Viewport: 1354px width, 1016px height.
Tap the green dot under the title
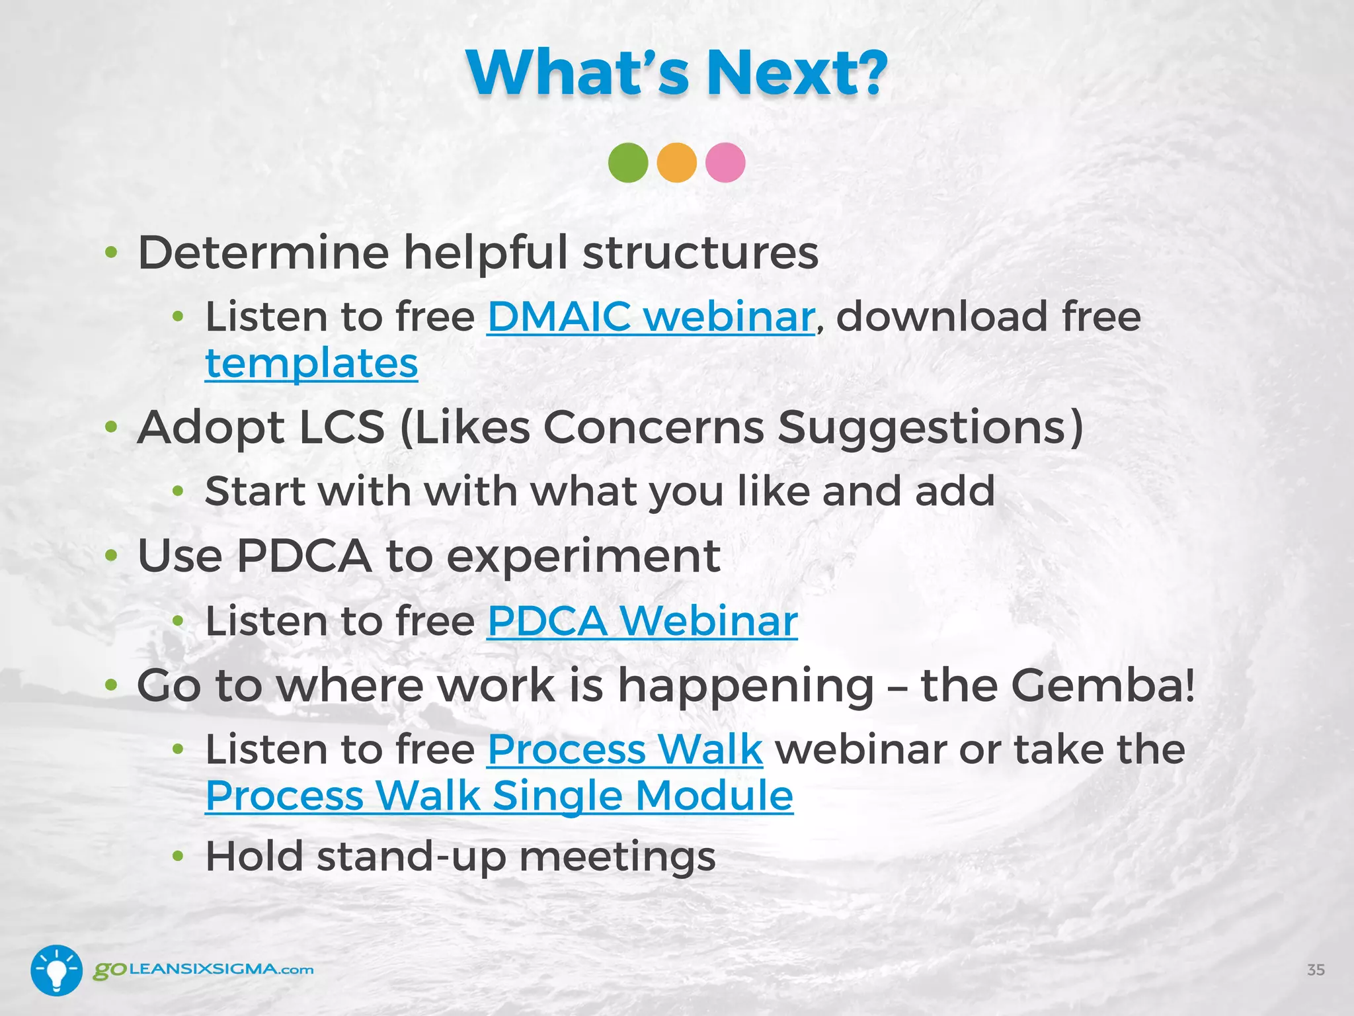(x=628, y=163)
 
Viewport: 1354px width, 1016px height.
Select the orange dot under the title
(x=676, y=163)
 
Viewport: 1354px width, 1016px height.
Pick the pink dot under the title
(x=725, y=163)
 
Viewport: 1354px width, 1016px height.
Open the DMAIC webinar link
(x=651, y=317)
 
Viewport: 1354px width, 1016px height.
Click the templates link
(x=311, y=364)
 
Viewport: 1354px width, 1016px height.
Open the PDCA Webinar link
(x=642, y=622)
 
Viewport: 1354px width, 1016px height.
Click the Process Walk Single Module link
(x=499, y=796)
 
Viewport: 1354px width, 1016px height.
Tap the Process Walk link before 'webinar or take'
(x=625, y=750)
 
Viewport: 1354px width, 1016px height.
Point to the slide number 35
(x=1316, y=970)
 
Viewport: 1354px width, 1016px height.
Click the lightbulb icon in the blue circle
(x=57, y=970)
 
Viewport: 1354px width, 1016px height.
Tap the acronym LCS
(x=342, y=427)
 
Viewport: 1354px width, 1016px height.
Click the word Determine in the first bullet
(x=263, y=253)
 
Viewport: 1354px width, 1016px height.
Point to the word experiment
(x=583, y=556)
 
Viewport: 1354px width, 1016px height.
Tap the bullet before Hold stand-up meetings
(x=177, y=857)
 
